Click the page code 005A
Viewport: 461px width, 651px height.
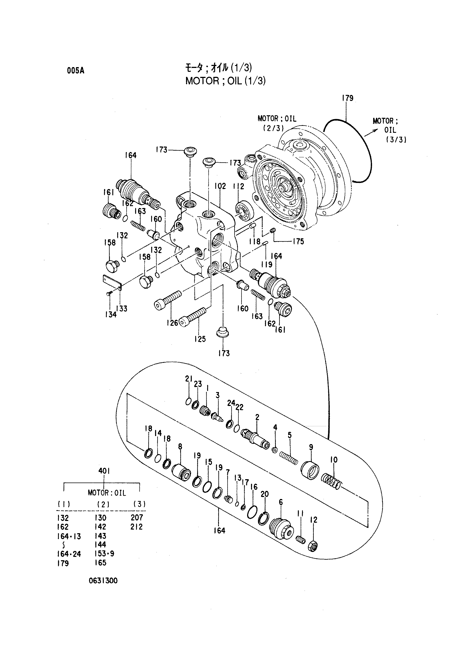(x=76, y=71)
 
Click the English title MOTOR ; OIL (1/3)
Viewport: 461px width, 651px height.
(x=226, y=81)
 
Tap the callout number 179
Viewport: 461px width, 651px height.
(x=347, y=98)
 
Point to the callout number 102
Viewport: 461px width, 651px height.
(x=220, y=186)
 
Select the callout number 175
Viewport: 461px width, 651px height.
(x=298, y=241)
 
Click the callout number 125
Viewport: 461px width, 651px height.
(x=200, y=339)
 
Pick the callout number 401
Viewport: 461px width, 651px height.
(x=104, y=471)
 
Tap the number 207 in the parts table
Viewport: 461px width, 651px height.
(x=137, y=517)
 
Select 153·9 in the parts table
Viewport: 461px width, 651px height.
(x=105, y=554)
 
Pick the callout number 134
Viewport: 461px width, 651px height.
(x=111, y=314)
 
